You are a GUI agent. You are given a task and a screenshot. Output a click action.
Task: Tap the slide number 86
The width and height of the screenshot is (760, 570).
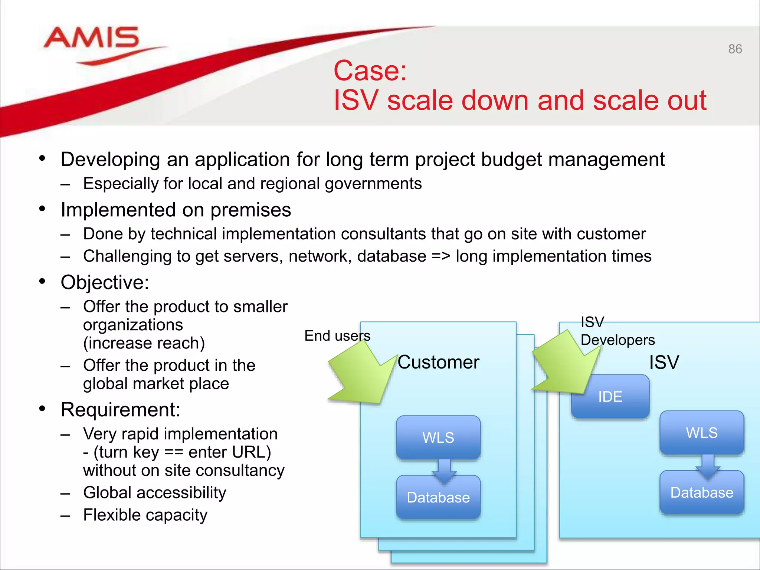pyautogui.click(x=735, y=49)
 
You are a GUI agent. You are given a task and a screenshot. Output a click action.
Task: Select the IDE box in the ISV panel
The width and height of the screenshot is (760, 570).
pyautogui.click(x=610, y=396)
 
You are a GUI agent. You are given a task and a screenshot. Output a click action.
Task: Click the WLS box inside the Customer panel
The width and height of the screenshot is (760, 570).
pyautogui.click(x=438, y=437)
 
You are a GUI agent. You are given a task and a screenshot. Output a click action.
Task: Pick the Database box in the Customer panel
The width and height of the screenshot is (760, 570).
pyautogui.click(x=438, y=497)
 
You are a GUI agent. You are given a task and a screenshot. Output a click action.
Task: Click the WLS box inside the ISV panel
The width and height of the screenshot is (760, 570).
pyautogui.click(x=701, y=432)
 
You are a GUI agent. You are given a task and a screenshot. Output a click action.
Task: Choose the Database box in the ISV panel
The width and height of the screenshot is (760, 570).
pyautogui.click(x=701, y=492)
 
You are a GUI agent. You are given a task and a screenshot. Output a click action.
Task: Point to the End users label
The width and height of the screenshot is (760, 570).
pyautogui.click(x=337, y=335)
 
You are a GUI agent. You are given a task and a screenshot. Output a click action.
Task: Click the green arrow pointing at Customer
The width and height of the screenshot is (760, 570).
pyautogui.click(x=362, y=375)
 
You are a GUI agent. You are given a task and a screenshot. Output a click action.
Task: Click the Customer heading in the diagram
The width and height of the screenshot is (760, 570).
pyautogui.click(x=438, y=362)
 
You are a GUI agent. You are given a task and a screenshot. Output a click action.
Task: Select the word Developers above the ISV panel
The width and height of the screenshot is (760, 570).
pyautogui.click(x=617, y=340)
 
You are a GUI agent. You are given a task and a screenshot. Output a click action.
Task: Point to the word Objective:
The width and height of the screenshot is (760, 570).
pyautogui.click(x=105, y=282)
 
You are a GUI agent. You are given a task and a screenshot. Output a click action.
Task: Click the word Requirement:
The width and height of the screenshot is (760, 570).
pyautogui.click(x=120, y=410)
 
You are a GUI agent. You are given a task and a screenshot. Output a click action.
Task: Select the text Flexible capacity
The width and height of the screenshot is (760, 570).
pyautogui.click(x=145, y=515)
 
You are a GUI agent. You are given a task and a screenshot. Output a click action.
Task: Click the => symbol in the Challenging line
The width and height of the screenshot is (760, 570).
pyautogui.click(x=441, y=256)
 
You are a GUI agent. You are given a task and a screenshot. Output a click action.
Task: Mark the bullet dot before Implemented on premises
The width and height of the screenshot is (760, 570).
pyautogui.click(x=42, y=209)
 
